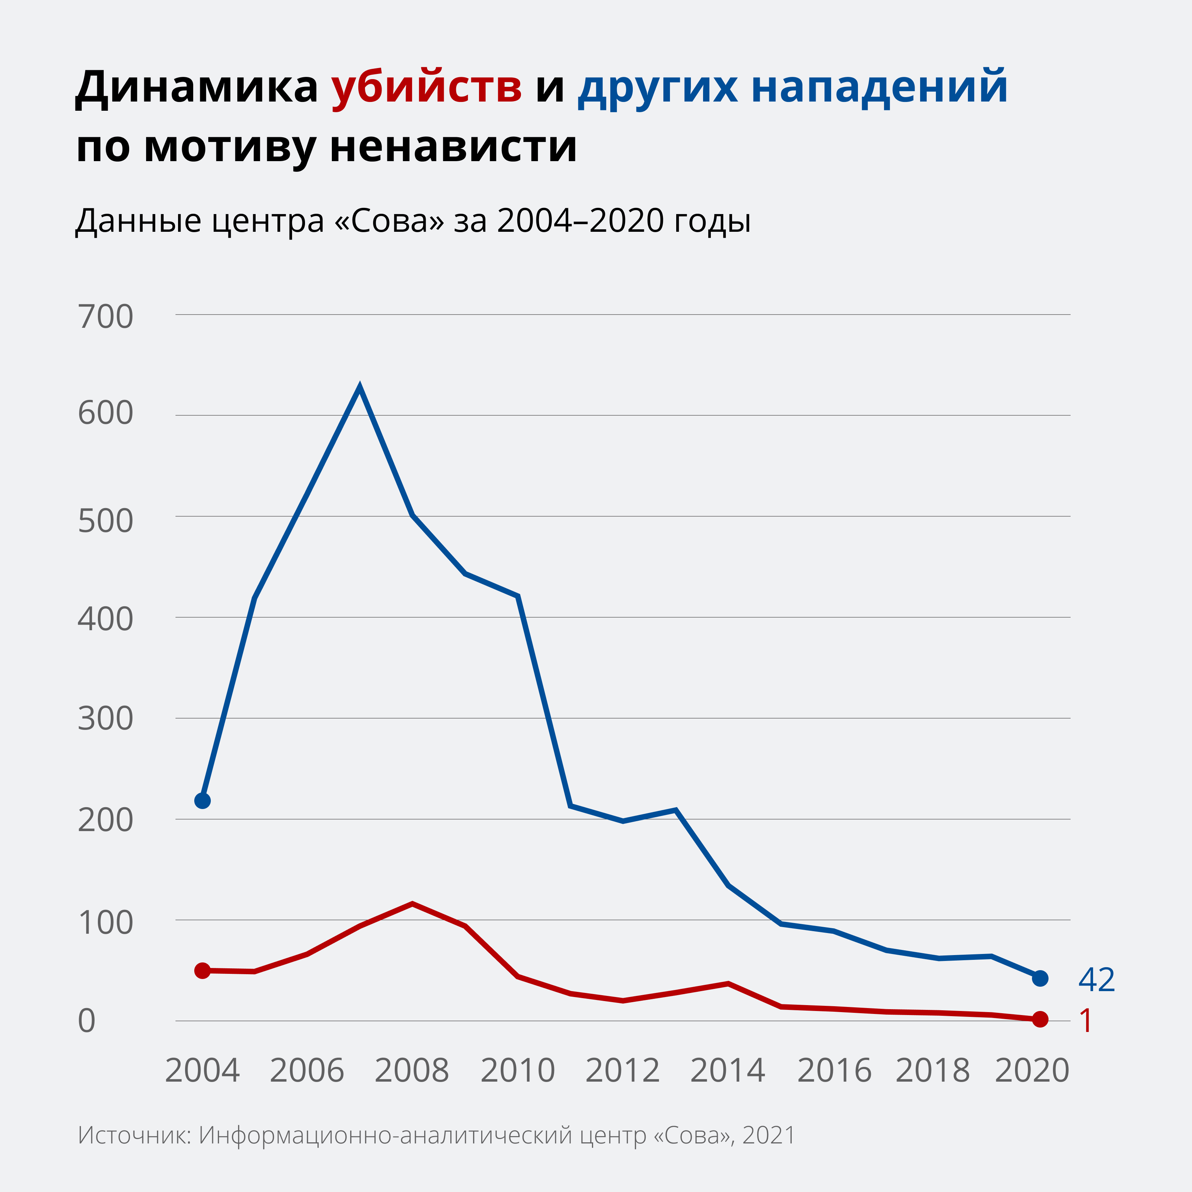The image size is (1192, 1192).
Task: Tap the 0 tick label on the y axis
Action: pos(87,1021)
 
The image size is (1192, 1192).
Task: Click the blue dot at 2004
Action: pos(202,801)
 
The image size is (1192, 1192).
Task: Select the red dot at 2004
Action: pos(202,971)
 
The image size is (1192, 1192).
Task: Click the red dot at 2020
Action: pos(1040,1019)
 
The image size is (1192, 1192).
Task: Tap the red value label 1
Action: pos(1086,1021)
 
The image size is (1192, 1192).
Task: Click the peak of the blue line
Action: pos(360,387)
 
